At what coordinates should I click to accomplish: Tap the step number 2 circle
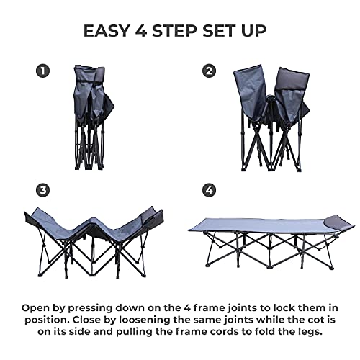click(x=210, y=71)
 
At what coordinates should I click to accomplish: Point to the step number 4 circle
click(x=210, y=190)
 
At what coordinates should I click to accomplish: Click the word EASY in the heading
click(x=109, y=30)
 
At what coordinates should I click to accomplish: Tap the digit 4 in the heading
click(x=146, y=30)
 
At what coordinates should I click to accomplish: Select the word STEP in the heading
click(x=180, y=30)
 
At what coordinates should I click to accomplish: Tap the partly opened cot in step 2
click(x=266, y=119)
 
